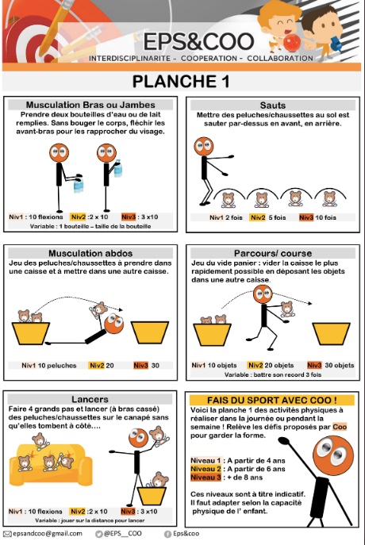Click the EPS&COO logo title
point(198,41)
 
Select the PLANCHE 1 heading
point(181,82)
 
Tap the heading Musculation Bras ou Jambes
point(90,105)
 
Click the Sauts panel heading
point(273,106)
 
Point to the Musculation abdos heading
point(90,253)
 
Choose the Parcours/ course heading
point(273,253)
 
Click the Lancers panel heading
point(90,399)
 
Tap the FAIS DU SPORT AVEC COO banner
point(272,400)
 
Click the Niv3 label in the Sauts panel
point(306,217)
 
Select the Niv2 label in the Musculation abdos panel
point(97,365)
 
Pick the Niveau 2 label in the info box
point(206,469)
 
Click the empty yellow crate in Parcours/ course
point(332,334)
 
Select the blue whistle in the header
point(336,44)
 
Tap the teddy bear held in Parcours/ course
point(287,309)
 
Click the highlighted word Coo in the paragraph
point(340,427)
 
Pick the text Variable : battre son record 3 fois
point(273,374)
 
